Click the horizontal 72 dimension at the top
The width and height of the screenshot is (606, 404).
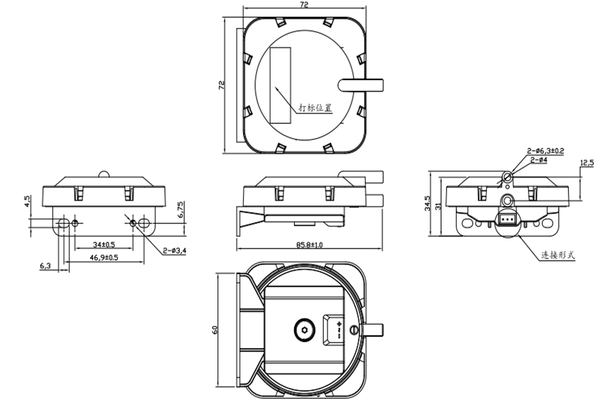tap(304, 5)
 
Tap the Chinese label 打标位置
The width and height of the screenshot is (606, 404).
tap(315, 108)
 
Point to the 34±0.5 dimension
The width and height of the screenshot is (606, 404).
tap(104, 244)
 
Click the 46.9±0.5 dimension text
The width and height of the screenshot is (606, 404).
tap(104, 257)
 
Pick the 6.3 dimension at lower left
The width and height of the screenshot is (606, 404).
tap(46, 266)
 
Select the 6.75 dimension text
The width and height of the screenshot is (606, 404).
tap(180, 209)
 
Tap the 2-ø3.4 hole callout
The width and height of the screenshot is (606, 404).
tap(174, 251)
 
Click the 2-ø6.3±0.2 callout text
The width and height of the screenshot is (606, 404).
tap(546, 151)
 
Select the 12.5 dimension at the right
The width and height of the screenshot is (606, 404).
tap(586, 163)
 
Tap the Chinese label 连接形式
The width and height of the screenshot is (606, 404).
tap(558, 255)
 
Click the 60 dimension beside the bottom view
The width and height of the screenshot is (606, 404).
tap(215, 330)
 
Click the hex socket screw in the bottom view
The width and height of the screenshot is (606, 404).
tap(304, 331)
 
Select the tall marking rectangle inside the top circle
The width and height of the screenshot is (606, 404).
tap(281, 85)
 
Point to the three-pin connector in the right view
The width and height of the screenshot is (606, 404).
tap(507, 220)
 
